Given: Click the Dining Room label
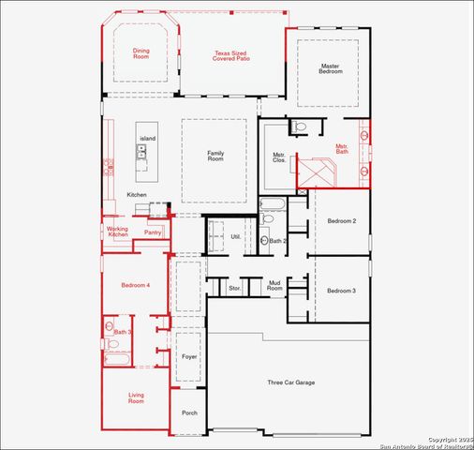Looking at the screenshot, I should (x=141, y=54).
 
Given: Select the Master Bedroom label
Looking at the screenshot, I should (x=329, y=69).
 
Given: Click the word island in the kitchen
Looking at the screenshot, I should (x=147, y=138).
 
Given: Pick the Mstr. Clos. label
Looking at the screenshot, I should (x=279, y=157).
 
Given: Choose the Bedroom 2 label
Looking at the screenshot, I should (x=341, y=221).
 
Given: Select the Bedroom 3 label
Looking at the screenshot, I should (x=341, y=291).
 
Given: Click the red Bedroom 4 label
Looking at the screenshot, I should (x=135, y=285).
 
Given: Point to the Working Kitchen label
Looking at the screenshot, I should (x=117, y=232).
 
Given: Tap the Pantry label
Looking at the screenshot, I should (x=153, y=232).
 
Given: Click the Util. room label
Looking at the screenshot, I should (x=236, y=236).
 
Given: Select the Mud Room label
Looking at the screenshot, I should (x=275, y=285).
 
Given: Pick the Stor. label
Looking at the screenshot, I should (x=234, y=288).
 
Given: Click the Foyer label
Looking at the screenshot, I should (x=189, y=356).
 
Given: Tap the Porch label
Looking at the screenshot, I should (x=189, y=412).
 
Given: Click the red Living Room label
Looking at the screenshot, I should (x=136, y=397).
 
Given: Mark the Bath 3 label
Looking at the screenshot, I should (x=123, y=332).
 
